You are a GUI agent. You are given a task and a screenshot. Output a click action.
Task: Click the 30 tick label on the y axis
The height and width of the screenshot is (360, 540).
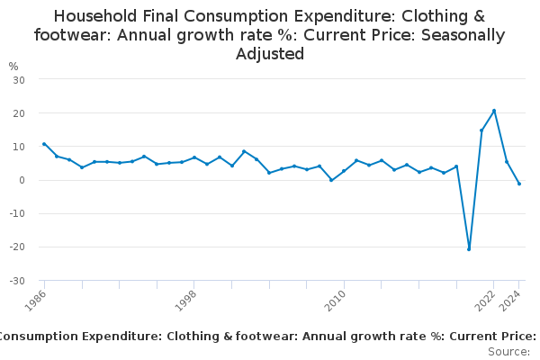click(x=18, y=80)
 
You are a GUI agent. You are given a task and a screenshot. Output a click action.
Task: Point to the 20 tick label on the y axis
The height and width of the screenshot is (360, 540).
click(x=18, y=113)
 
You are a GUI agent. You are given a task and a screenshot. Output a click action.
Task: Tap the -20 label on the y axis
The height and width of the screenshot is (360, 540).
click(x=16, y=247)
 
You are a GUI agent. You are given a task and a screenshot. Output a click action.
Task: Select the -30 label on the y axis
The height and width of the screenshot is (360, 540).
click(x=16, y=281)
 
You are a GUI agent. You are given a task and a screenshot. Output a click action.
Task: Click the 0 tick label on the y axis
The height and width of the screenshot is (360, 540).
click(x=21, y=180)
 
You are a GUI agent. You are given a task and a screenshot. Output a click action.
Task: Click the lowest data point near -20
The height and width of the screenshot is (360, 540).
click(x=469, y=249)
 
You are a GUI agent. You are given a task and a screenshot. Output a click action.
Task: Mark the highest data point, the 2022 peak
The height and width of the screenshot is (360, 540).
click(x=494, y=111)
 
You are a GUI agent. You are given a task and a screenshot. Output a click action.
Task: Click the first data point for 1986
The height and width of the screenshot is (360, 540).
click(x=44, y=144)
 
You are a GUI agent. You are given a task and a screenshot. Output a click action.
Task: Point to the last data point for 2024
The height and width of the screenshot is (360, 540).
click(x=519, y=184)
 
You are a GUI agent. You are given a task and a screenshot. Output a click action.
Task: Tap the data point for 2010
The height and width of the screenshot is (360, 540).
click(x=344, y=171)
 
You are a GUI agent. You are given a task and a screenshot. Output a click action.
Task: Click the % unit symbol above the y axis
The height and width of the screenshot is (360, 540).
click(x=13, y=67)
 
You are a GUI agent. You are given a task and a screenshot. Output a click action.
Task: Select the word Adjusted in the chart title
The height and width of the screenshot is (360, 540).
click(x=270, y=54)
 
